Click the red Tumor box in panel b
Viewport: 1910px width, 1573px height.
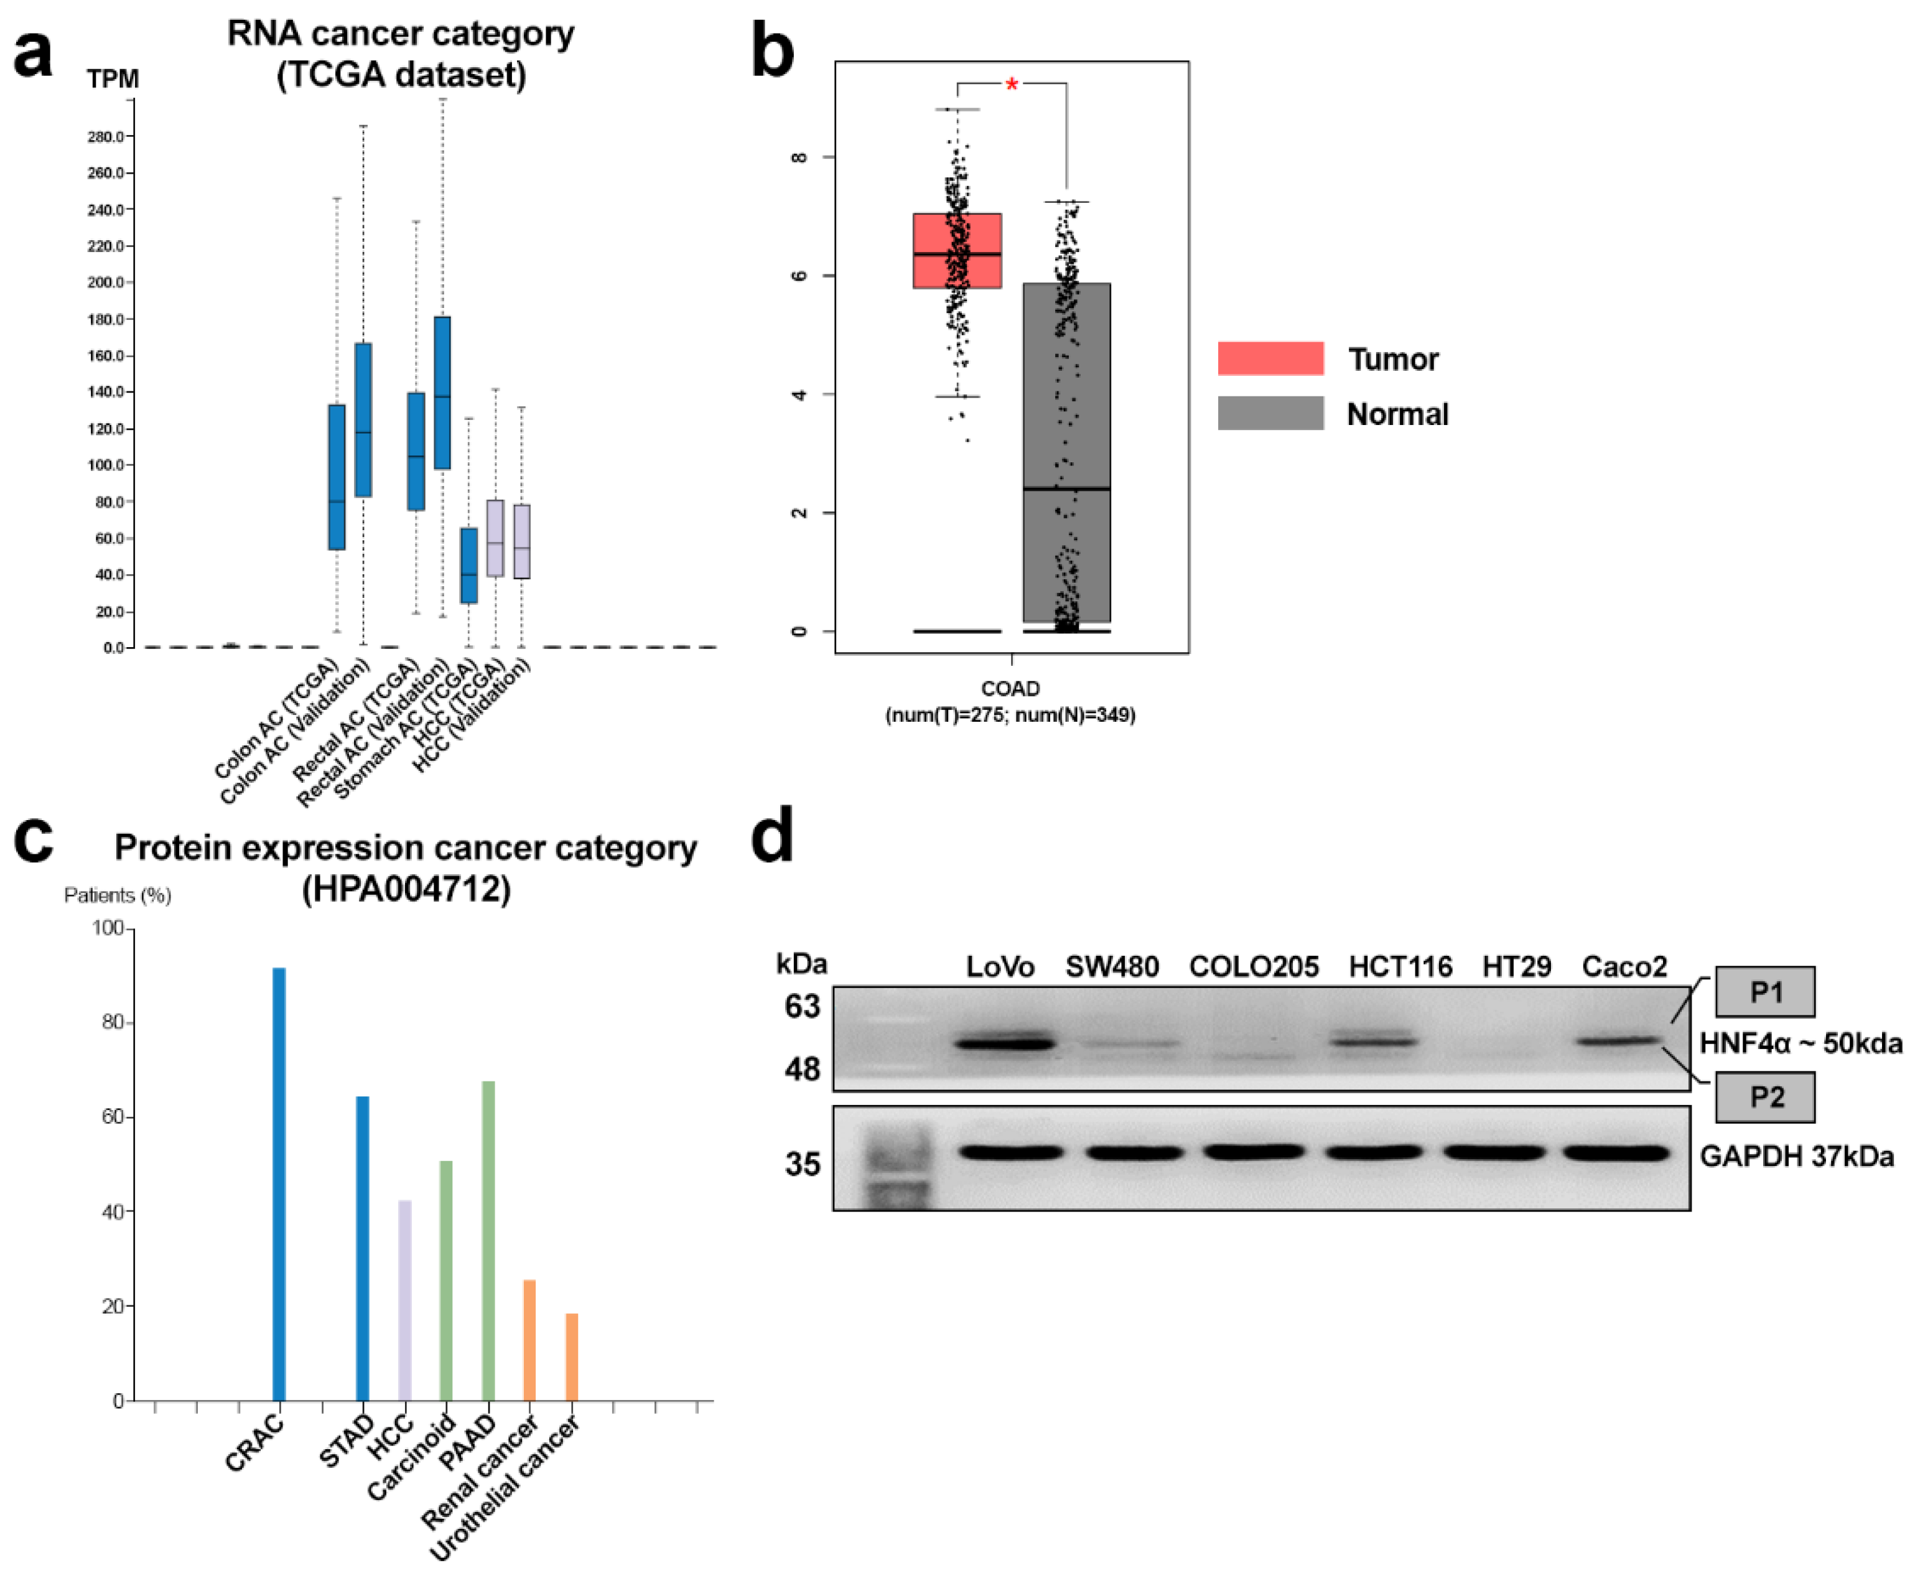[957, 251]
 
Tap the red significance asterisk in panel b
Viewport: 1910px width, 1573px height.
[1012, 85]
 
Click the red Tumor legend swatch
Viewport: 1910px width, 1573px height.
[1270, 359]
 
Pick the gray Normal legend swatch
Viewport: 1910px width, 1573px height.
[1270, 413]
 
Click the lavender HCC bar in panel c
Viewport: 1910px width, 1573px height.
[404, 1300]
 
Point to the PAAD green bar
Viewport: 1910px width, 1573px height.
[488, 1241]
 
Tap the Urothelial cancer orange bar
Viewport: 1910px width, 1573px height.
[572, 1356]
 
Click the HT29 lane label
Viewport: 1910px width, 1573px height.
[1517, 967]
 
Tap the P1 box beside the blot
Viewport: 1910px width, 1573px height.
[1765, 992]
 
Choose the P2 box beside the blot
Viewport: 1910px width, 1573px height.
[1765, 1097]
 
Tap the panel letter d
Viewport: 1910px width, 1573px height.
[772, 836]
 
